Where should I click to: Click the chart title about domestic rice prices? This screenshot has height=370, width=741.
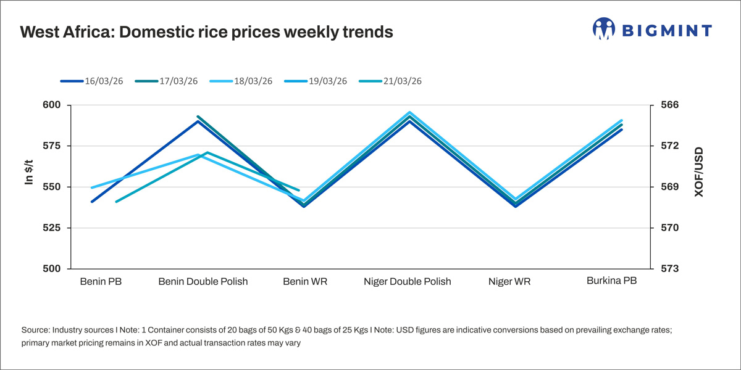(206, 32)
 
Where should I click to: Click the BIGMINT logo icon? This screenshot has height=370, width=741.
(605, 29)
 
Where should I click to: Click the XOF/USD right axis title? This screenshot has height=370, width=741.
(699, 172)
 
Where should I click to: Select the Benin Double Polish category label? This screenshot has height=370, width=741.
(203, 282)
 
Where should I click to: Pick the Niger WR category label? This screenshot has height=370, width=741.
(509, 282)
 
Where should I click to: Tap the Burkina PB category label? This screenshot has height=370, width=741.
(611, 281)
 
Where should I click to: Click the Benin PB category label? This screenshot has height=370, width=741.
(101, 282)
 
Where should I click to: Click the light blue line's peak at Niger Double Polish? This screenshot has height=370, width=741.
(409, 113)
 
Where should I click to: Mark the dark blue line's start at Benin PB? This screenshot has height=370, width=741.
(92, 202)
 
